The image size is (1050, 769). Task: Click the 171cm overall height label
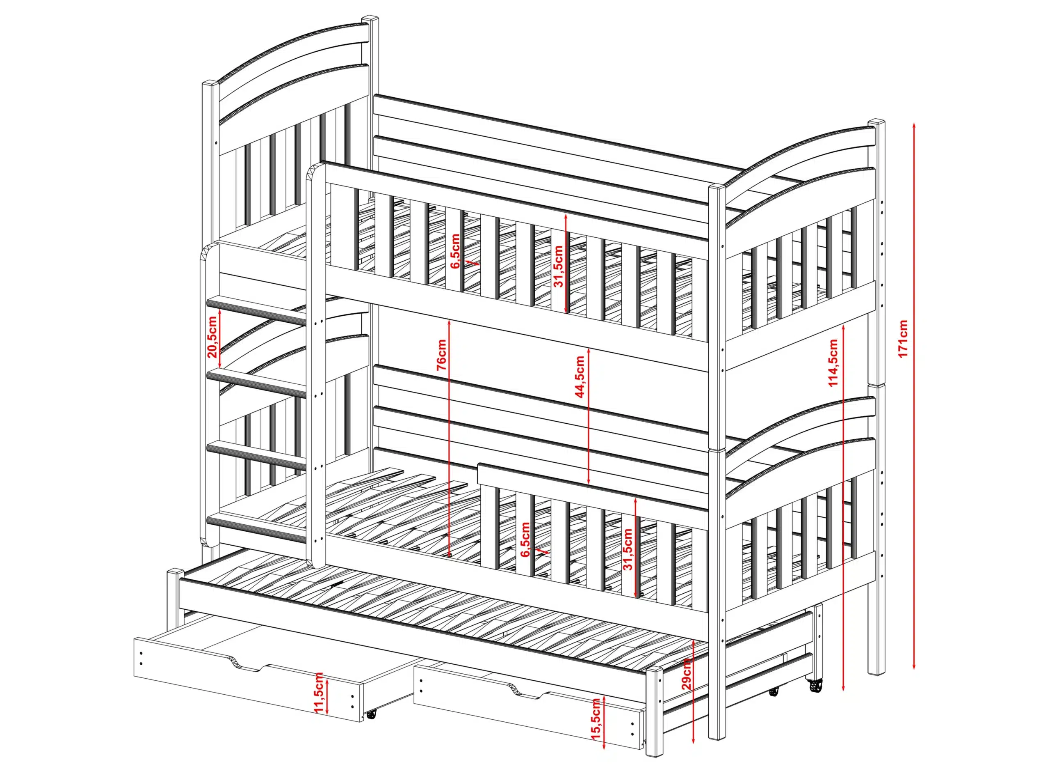click(x=903, y=338)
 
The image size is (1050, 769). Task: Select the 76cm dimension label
click(x=441, y=355)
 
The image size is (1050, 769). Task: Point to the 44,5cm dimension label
click(x=580, y=377)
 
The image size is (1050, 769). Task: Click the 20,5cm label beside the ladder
click(x=212, y=337)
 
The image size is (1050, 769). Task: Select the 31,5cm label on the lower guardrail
click(x=628, y=550)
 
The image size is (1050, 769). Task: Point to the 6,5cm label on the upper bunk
click(x=455, y=251)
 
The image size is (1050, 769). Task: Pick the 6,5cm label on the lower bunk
click(x=525, y=540)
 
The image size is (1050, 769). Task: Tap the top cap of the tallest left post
click(x=370, y=18)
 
